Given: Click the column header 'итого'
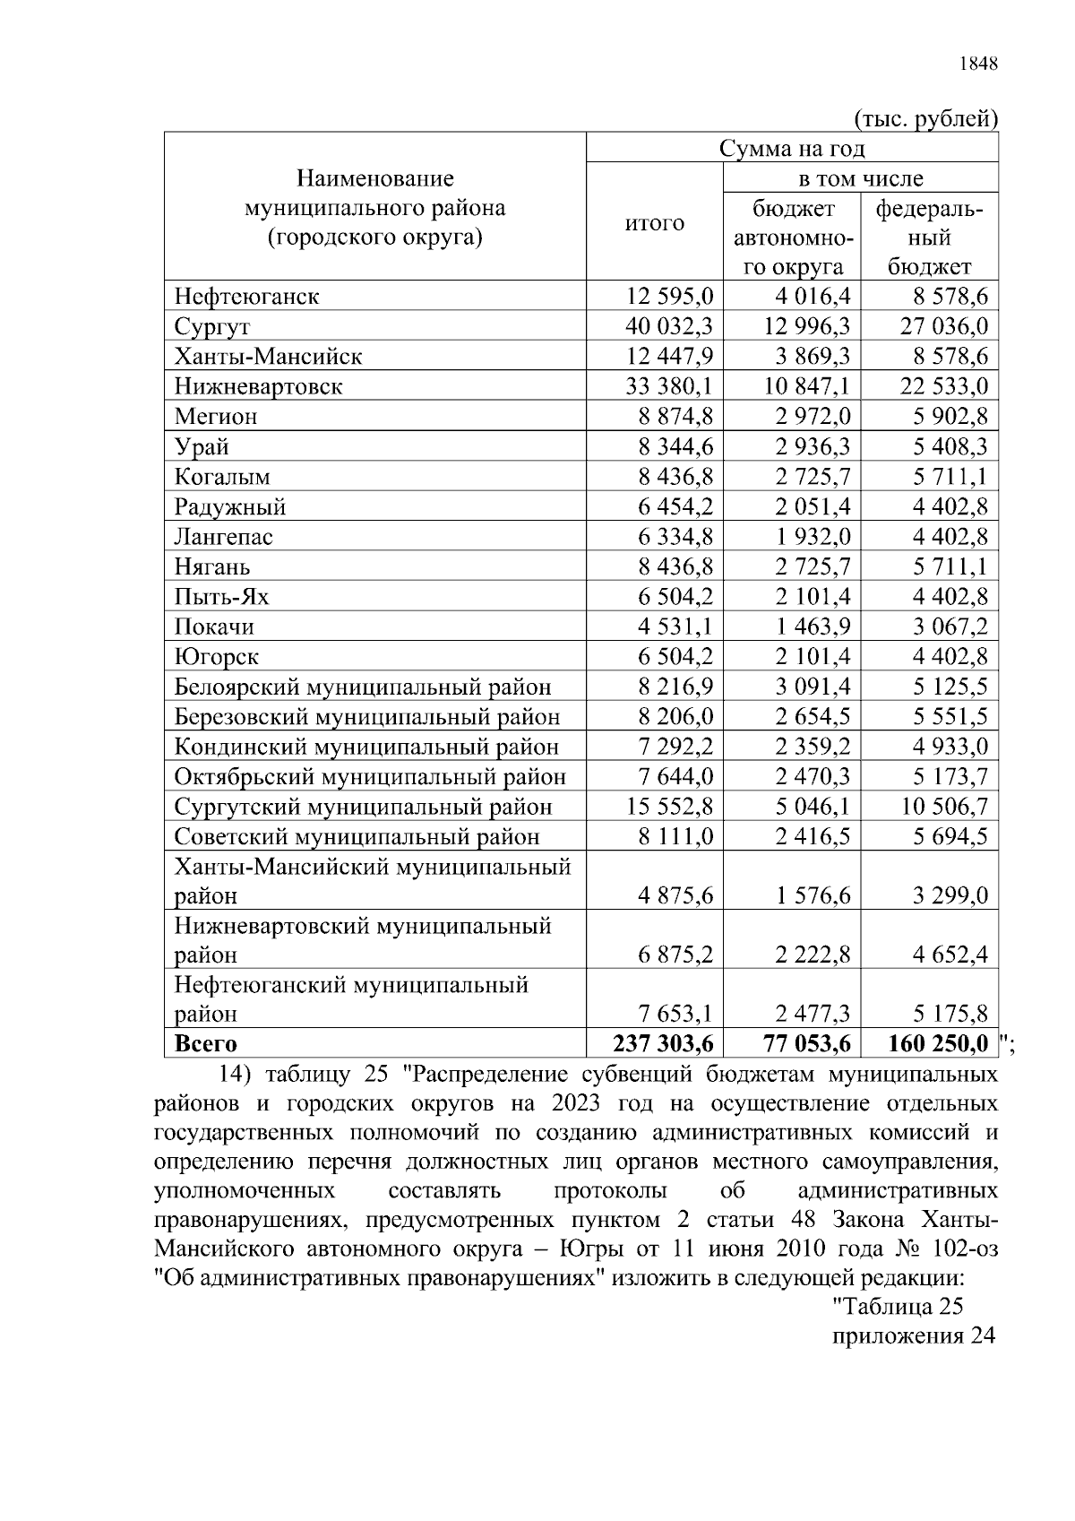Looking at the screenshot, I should (654, 223).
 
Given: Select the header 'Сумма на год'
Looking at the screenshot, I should (792, 148).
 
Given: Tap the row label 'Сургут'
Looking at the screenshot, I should (212, 326).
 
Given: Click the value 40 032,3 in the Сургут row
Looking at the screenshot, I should (668, 326).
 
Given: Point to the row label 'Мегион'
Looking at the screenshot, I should (216, 417).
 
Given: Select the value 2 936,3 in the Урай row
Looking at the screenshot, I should (813, 446).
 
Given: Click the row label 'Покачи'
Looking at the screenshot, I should (214, 627).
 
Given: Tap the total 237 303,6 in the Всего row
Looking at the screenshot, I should (663, 1044).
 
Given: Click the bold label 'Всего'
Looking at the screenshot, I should (206, 1044).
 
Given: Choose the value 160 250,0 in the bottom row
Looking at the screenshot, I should (938, 1044).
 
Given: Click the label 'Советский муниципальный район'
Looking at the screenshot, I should (357, 837).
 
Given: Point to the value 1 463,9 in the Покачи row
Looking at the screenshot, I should (813, 627).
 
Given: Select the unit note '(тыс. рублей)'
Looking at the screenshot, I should (925, 118).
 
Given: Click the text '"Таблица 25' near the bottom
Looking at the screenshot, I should (898, 1306).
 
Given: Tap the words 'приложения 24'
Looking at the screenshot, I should (914, 1335).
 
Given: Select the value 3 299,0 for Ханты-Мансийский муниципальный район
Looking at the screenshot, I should (950, 895).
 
